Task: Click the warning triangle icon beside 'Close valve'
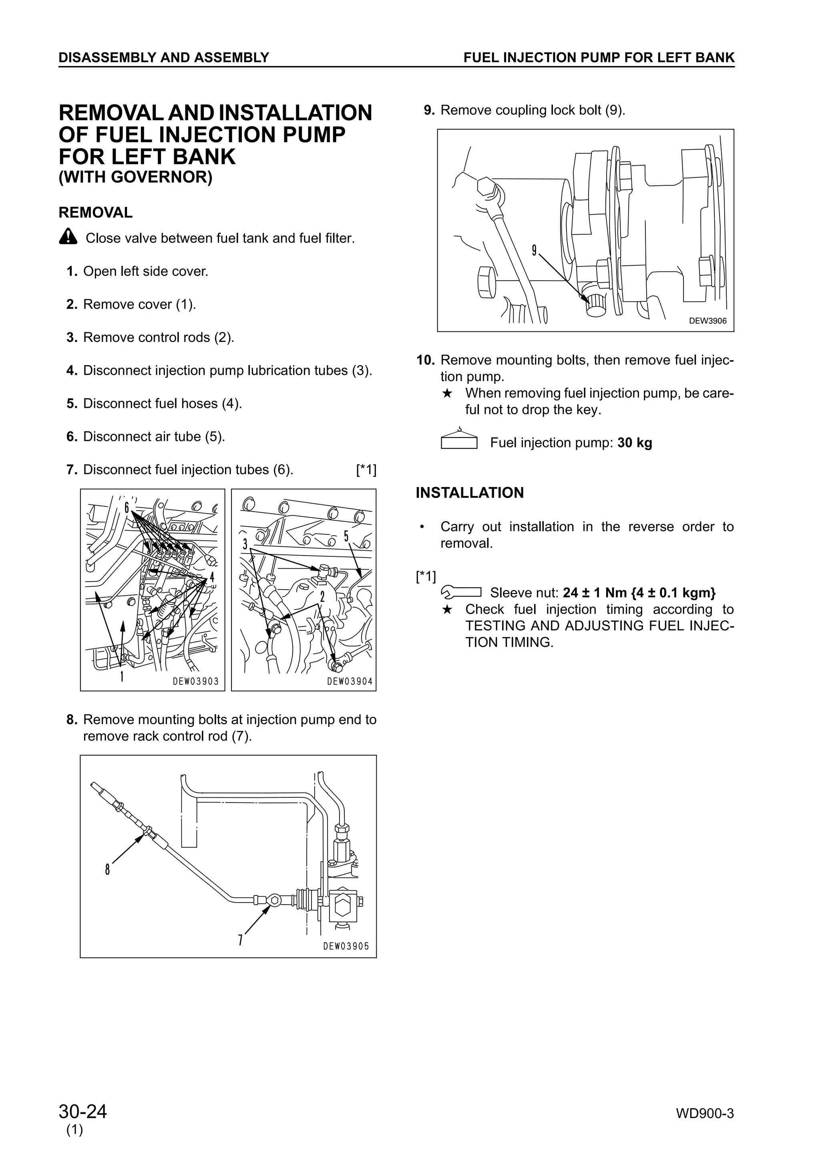coord(68,237)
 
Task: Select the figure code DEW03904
coord(350,681)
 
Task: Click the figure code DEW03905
coord(346,946)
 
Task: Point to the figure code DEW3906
coord(707,321)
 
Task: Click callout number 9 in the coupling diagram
coord(534,250)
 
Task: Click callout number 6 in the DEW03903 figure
coord(127,507)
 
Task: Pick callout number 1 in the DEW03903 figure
coord(121,676)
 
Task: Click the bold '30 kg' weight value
coord(635,443)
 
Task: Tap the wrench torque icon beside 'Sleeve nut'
coord(461,592)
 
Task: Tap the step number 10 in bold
coord(425,360)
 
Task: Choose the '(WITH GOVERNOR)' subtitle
coord(135,178)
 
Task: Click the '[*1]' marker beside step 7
coord(366,470)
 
